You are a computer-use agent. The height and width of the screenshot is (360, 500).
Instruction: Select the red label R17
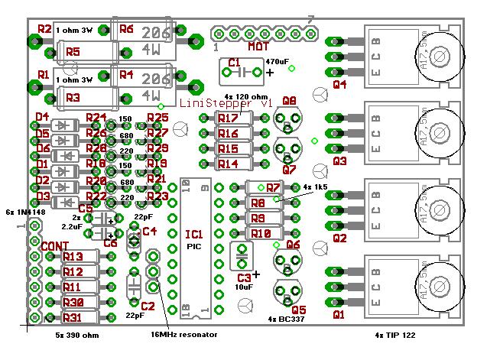pos(228,118)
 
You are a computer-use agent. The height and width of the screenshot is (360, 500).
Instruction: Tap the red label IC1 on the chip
pos(194,233)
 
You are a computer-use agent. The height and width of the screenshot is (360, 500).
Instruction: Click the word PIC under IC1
pos(194,247)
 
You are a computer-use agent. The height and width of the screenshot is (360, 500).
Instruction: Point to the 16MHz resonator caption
pos(184,335)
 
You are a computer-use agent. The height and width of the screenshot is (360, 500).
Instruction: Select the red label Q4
pos(339,83)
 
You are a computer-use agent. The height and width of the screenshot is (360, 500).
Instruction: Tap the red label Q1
pos(339,313)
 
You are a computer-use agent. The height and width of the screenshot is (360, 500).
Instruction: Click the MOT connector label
pos(257,47)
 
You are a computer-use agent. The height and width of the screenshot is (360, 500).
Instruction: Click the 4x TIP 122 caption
pos(395,335)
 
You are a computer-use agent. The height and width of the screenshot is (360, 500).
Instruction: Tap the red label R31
pos(73,317)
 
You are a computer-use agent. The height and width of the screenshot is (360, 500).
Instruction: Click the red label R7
pos(274,187)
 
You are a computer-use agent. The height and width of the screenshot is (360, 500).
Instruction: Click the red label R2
pos(44,29)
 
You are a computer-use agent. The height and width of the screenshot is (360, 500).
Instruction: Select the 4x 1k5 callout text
pos(315,186)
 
